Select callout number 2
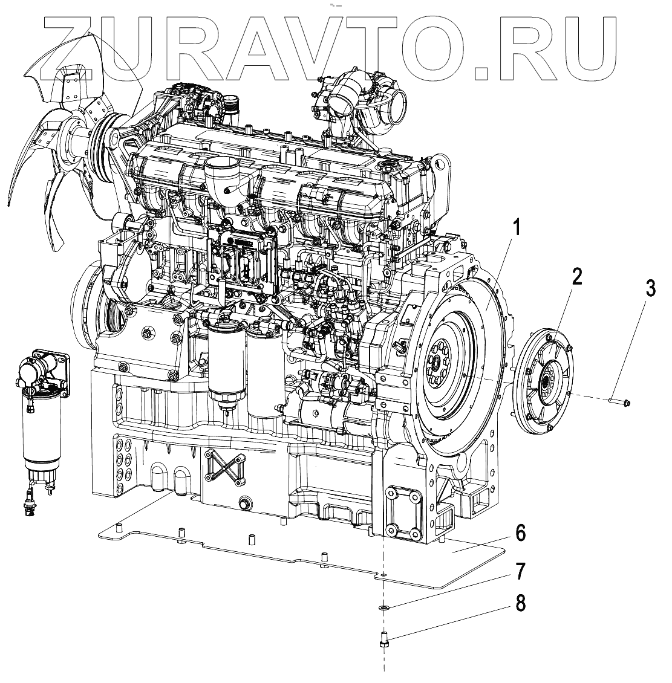(x=578, y=278)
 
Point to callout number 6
(x=520, y=534)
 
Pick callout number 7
(x=520, y=571)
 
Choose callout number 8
(x=520, y=604)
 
